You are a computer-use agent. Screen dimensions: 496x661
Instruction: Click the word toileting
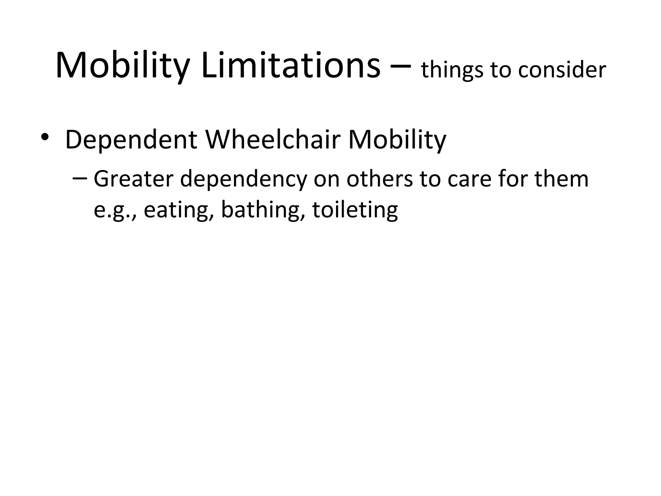tap(355, 210)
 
